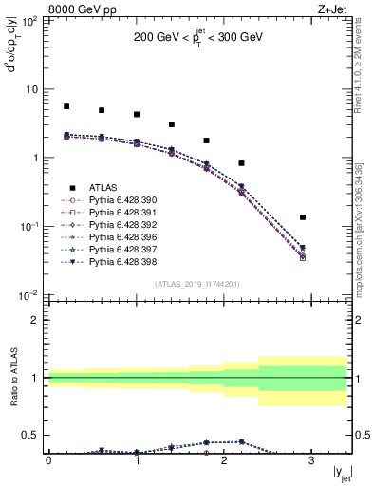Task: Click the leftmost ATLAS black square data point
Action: (x=66, y=107)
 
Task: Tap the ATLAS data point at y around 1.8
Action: (x=207, y=140)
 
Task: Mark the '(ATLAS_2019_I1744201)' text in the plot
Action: (x=198, y=284)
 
